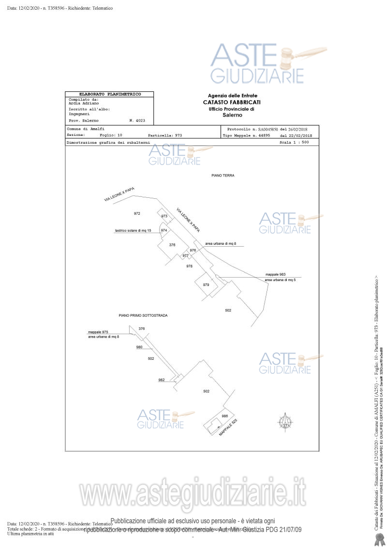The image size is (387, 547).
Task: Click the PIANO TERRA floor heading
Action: tap(223, 176)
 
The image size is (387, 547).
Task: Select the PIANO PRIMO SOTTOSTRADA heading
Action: tap(143, 315)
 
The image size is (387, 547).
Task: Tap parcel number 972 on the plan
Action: tap(137, 213)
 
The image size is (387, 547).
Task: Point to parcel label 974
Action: tap(164, 231)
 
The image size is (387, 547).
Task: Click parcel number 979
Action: tap(206, 285)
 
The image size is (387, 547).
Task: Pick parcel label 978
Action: tap(189, 266)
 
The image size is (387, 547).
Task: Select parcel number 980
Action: tap(139, 347)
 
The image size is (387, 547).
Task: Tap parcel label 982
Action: tap(162, 380)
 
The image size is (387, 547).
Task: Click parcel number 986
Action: tap(224, 416)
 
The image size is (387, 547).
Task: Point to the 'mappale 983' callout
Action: tap(275, 274)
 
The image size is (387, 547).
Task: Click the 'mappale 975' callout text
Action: tap(98, 332)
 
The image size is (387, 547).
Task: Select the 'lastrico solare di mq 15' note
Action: tap(133, 231)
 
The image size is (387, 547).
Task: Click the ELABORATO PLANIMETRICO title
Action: tap(110, 94)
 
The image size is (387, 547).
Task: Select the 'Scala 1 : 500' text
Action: tap(294, 143)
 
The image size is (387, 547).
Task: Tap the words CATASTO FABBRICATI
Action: tap(232, 102)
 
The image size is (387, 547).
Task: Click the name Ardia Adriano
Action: tap(84, 103)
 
